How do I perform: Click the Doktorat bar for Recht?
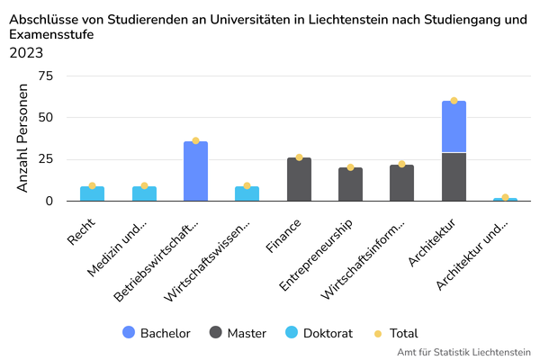(x=92, y=193)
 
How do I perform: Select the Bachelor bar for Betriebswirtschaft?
(x=195, y=171)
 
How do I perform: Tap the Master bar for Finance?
(x=299, y=179)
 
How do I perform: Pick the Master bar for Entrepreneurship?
(x=350, y=184)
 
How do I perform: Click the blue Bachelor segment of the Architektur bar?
(x=454, y=127)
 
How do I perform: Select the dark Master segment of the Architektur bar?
(x=454, y=177)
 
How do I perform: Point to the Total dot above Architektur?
(x=454, y=101)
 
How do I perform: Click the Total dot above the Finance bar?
(x=299, y=157)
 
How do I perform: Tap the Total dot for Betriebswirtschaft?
(x=195, y=140)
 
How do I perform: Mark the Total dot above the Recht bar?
(x=92, y=185)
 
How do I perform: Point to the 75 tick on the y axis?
(x=44, y=76)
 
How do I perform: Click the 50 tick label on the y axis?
(x=44, y=118)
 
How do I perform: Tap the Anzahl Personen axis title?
(x=23, y=138)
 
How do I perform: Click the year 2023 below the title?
(x=26, y=52)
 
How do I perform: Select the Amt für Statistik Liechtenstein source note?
(x=463, y=352)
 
